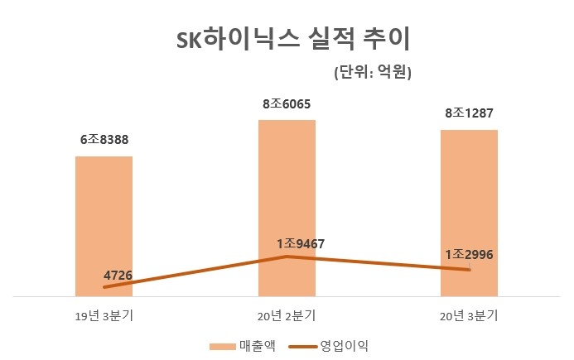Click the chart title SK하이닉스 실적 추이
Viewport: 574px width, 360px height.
pos(287,41)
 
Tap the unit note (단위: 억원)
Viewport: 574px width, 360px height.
pos(373,73)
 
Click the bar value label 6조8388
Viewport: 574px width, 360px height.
pos(104,140)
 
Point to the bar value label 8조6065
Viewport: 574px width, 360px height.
pos(287,104)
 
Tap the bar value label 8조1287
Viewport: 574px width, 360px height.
pos(469,113)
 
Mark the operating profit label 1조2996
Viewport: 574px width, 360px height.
pos(470,255)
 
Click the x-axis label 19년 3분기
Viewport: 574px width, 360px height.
pos(104,314)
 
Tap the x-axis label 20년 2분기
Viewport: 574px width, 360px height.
pos(287,314)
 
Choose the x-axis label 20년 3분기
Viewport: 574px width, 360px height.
pos(469,314)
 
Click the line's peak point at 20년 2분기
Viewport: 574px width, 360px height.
pos(287,257)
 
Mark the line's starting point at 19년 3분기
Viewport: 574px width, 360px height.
pos(104,287)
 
